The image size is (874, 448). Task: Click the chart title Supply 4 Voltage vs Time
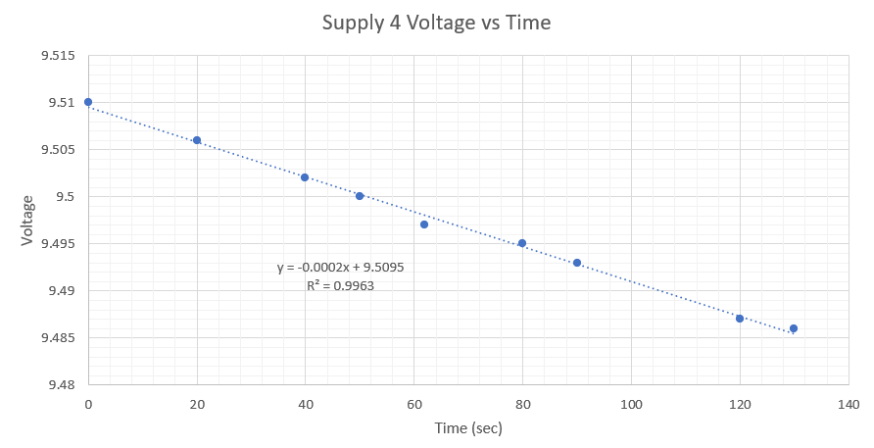click(437, 23)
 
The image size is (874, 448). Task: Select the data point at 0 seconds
click(88, 102)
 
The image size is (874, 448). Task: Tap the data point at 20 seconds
click(197, 140)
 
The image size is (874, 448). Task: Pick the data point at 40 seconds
click(305, 177)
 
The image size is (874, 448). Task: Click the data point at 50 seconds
click(360, 196)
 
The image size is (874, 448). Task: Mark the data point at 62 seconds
click(424, 224)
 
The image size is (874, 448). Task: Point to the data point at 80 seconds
click(522, 243)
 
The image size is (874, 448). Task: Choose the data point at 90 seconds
click(577, 263)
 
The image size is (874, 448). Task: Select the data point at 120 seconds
click(740, 319)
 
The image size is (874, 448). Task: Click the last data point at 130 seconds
click(794, 328)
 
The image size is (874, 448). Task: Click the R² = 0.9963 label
click(340, 286)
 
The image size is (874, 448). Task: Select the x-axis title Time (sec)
click(468, 427)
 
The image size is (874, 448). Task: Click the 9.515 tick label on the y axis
click(58, 56)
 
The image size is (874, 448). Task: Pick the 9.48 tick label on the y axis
click(61, 385)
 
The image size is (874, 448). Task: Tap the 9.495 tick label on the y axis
click(58, 244)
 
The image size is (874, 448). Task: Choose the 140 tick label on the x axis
click(848, 404)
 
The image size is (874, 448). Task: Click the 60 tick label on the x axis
click(413, 404)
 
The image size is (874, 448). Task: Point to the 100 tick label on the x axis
click(631, 404)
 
